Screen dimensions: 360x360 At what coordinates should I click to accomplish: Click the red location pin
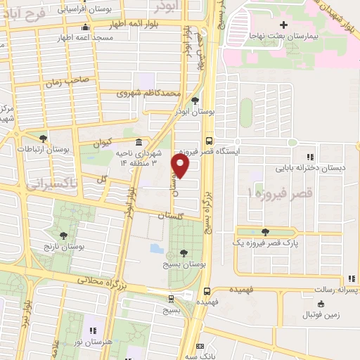[181, 166]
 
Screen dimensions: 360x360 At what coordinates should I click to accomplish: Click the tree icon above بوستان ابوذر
[195, 101]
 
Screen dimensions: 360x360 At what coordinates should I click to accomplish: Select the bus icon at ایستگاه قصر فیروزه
[209, 140]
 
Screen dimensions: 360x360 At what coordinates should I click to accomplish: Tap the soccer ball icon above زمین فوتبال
[321, 304]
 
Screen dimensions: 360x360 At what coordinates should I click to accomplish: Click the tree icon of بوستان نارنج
[64, 236]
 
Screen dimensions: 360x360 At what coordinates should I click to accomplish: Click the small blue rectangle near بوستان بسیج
[155, 248]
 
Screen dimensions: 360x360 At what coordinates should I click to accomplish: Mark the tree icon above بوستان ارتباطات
[44, 138]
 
